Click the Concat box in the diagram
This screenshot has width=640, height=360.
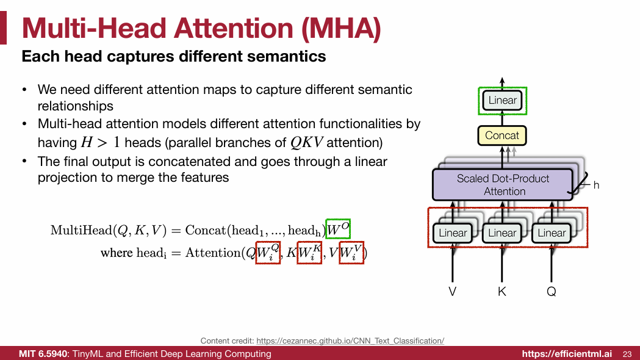tap(502, 135)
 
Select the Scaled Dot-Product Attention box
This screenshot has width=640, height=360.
tap(503, 184)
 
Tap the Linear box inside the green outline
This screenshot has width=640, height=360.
tap(503, 101)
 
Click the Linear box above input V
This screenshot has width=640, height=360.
tap(453, 233)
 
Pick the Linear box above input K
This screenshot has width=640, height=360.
tap(502, 233)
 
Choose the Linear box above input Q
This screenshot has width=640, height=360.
tap(552, 233)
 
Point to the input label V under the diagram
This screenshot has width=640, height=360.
tap(453, 292)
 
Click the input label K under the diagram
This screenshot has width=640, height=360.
tap(502, 292)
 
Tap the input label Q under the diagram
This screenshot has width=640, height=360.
tap(552, 292)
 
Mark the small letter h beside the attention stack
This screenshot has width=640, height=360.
tap(596, 184)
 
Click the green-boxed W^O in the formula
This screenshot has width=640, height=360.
tap(338, 229)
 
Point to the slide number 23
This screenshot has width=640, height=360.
tap(627, 354)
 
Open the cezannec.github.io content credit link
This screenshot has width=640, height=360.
tap(350, 340)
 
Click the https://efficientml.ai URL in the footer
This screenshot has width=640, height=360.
tap(566, 354)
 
